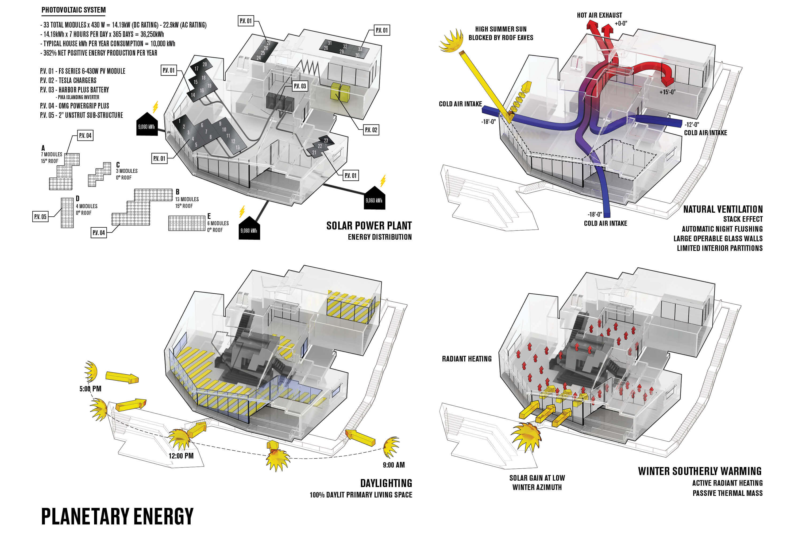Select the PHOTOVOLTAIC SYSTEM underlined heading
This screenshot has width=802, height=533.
pyautogui.click(x=74, y=10)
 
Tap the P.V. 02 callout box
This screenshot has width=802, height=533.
pyautogui.click(x=371, y=130)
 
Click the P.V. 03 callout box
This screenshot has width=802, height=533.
pyautogui.click(x=300, y=86)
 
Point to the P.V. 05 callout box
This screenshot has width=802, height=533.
pyautogui.click(x=40, y=216)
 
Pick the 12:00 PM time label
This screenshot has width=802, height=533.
pyautogui.click(x=181, y=456)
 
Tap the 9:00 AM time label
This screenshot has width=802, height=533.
pyautogui.click(x=394, y=465)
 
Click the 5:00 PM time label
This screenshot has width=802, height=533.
pyautogui.click(x=90, y=388)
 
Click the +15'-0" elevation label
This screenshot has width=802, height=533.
pyautogui.click(x=667, y=92)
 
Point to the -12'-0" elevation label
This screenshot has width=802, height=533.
pyautogui.click(x=692, y=125)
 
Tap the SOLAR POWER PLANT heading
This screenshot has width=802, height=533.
pyautogui.click(x=369, y=226)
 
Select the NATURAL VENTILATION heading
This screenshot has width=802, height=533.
pyautogui.click(x=723, y=209)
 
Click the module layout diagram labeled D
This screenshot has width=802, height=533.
pyautogui.click(x=67, y=213)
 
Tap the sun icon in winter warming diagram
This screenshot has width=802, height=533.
pyautogui.click(x=526, y=437)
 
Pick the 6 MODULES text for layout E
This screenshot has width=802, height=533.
pyautogui.click(x=218, y=223)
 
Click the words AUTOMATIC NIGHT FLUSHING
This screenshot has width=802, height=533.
pyautogui.click(x=722, y=229)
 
